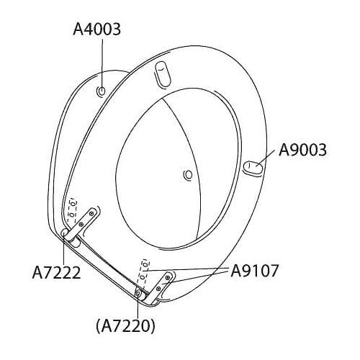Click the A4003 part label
[96, 30]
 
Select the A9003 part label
[302, 150]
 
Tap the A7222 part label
[56, 273]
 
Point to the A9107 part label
[254, 271]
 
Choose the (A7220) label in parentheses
[125, 326]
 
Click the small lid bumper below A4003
[102, 91]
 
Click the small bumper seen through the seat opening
[188, 174]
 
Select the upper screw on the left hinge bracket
[91, 213]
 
